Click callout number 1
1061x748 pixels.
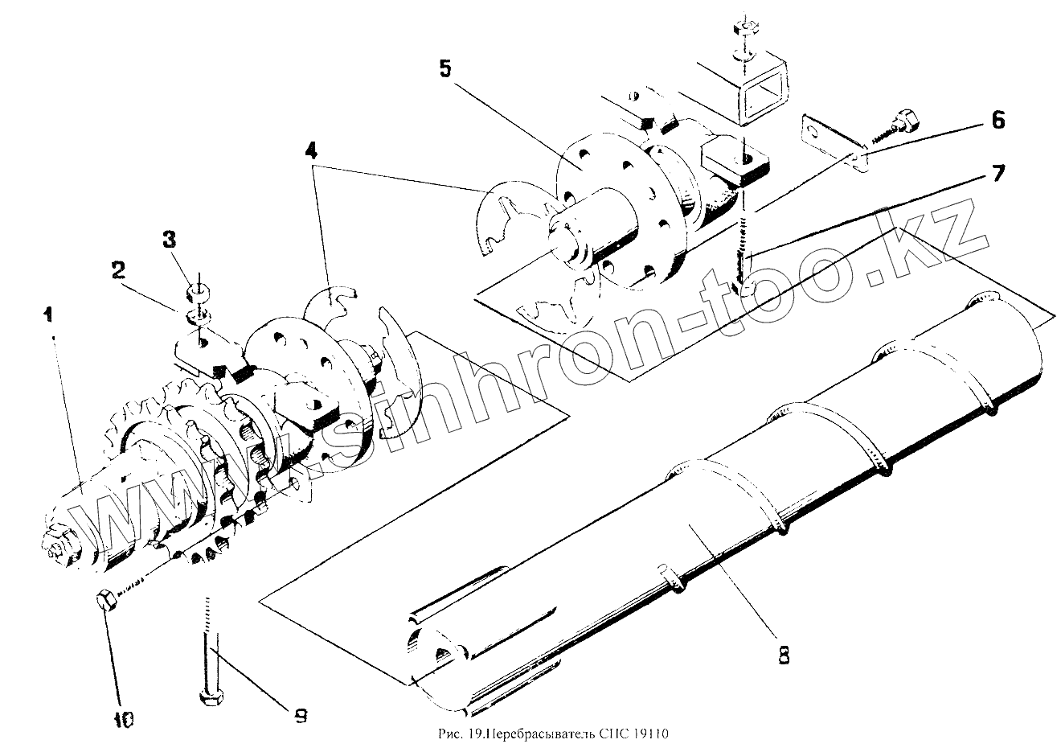[x=49, y=314]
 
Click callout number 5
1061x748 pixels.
[x=445, y=69]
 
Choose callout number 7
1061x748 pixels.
[x=997, y=172]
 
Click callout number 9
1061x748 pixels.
[x=299, y=715]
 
